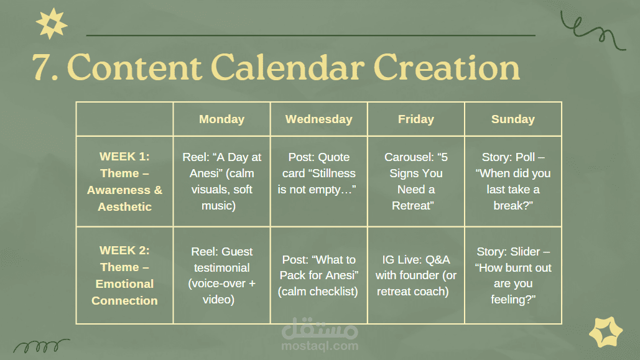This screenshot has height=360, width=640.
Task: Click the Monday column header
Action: coord(221,119)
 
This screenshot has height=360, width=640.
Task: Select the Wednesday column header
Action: coord(319,119)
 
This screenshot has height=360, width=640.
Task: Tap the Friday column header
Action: coord(416,119)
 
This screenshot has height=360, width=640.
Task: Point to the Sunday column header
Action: coord(513,119)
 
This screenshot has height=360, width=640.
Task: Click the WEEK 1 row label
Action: coord(124,181)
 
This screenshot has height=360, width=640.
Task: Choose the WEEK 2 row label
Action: coord(124,275)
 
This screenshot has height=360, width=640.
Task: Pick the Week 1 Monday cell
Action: coord(221,181)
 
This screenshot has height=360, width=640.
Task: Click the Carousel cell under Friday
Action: coord(416,181)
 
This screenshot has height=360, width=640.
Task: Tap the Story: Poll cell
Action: coord(513,181)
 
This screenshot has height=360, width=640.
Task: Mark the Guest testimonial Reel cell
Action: coord(221,275)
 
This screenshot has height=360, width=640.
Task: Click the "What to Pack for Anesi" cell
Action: coord(319,275)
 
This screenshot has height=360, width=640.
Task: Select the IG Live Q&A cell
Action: coord(416,275)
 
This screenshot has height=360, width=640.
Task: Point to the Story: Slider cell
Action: coord(513,275)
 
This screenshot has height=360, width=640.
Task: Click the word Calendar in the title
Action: coord(287,67)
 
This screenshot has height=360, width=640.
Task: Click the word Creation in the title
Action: coord(447,67)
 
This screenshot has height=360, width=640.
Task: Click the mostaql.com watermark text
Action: coord(320,346)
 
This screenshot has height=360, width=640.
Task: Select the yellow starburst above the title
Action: coord(52,24)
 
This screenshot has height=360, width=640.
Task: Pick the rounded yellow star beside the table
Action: coord(606,332)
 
